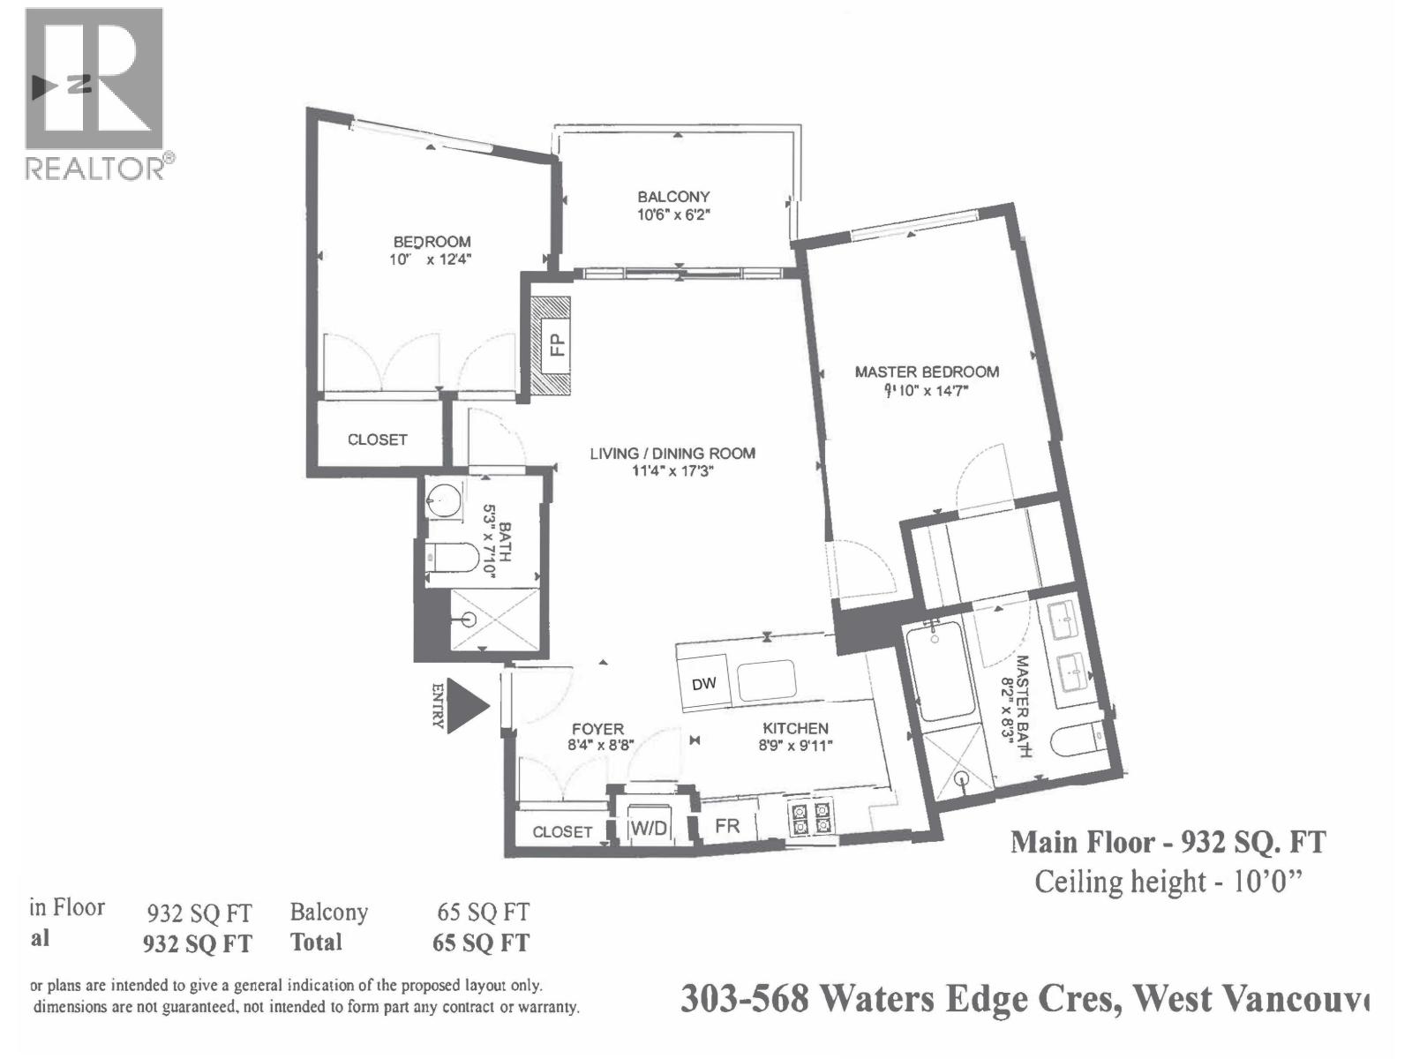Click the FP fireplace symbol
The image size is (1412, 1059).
552,345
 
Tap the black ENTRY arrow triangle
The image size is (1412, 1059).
466,705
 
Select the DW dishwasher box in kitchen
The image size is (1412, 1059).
704,683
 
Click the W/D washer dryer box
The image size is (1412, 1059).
649,828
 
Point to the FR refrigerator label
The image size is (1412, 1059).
727,826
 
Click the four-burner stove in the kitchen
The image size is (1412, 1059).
810,816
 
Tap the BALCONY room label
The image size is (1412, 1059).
673,197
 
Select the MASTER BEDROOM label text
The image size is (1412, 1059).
927,372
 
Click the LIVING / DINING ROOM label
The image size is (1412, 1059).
672,453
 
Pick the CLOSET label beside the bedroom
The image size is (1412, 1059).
377,439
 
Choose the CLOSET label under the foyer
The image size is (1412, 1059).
562,831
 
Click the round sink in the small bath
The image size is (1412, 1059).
444,500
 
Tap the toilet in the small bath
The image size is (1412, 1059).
454,558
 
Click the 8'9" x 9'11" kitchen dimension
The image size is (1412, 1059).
795,746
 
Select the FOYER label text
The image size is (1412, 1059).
597,729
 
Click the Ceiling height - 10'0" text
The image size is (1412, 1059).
1168,881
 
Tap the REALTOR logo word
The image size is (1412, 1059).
94,169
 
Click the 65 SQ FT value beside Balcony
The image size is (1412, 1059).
483,912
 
